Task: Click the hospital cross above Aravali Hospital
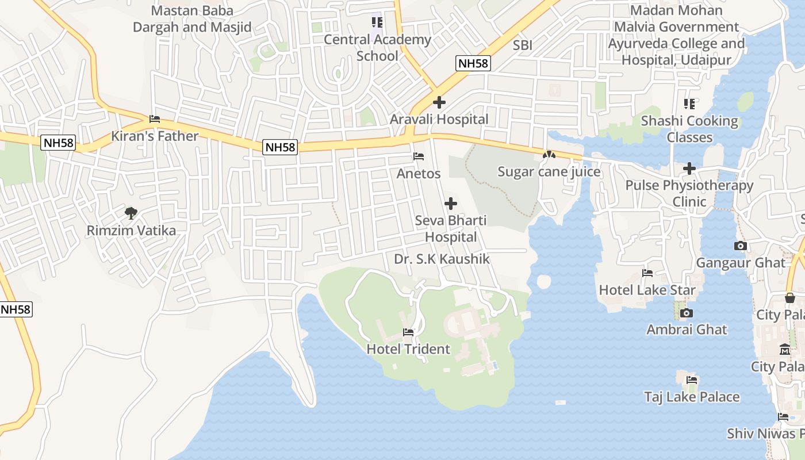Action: pyautogui.click(x=439, y=103)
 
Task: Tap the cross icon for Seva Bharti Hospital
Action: pyautogui.click(x=451, y=204)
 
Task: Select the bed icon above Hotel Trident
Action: pyautogui.click(x=408, y=332)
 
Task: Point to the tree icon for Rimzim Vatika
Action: pyautogui.click(x=131, y=213)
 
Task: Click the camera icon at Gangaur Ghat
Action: pyautogui.click(x=741, y=246)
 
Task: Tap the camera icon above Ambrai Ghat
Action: pyautogui.click(x=686, y=313)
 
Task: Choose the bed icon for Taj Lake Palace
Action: pyautogui.click(x=692, y=380)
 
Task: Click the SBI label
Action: pyautogui.click(x=523, y=45)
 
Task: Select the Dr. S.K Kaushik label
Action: pyautogui.click(x=442, y=259)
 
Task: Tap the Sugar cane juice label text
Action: pyautogui.click(x=549, y=172)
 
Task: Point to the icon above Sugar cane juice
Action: pyautogui.click(x=549, y=155)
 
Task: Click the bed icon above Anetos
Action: pyautogui.click(x=419, y=156)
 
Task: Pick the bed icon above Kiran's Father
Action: pyautogui.click(x=154, y=119)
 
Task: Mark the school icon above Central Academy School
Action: pyautogui.click(x=377, y=22)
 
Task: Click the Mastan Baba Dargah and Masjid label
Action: pyautogui.click(x=192, y=19)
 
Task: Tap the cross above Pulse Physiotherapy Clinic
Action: pyautogui.click(x=689, y=168)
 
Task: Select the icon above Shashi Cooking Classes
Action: pyautogui.click(x=689, y=104)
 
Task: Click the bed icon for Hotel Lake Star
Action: pyautogui.click(x=647, y=273)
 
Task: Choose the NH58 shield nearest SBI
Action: pyautogui.click(x=474, y=63)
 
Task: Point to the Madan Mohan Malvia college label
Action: pyautogui.click(x=676, y=35)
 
